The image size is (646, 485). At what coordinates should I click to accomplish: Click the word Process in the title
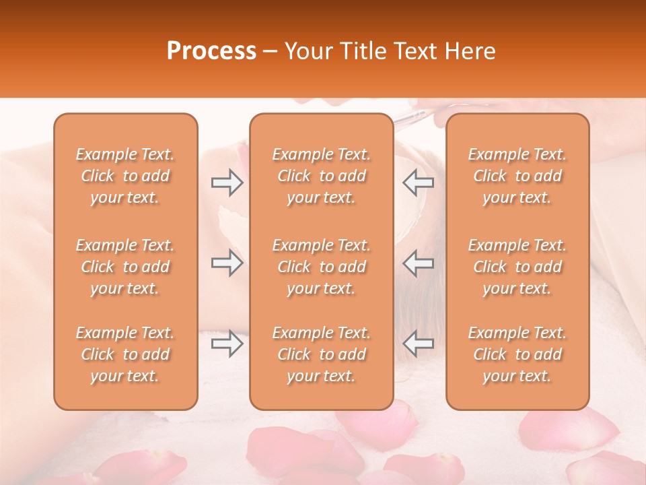(x=211, y=51)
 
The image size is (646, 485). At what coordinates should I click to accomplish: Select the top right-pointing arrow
(x=227, y=183)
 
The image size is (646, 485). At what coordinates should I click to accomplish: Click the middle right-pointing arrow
(x=227, y=263)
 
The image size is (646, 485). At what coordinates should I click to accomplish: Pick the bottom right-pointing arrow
(x=227, y=344)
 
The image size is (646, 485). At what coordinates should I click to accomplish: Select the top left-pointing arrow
(x=419, y=183)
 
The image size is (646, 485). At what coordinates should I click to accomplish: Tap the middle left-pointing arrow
(x=419, y=263)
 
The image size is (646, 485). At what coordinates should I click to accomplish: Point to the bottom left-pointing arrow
(x=419, y=344)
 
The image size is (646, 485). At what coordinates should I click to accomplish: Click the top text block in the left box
(x=125, y=176)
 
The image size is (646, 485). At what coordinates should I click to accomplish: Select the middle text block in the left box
(x=125, y=267)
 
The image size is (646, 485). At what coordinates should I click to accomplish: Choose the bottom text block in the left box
(x=125, y=354)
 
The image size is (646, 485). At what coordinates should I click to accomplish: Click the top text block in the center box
(x=322, y=176)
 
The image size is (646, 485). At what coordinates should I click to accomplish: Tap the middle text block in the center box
(x=322, y=267)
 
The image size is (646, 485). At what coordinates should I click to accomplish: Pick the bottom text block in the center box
(x=322, y=354)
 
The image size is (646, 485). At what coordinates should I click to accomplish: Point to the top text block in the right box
(x=517, y=176)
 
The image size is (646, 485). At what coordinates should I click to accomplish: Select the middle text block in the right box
(x=517, y=267)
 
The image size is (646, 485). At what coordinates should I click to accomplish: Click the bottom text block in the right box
(x=517, y=354)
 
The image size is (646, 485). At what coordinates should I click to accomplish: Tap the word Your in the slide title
(x=306, y=51)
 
